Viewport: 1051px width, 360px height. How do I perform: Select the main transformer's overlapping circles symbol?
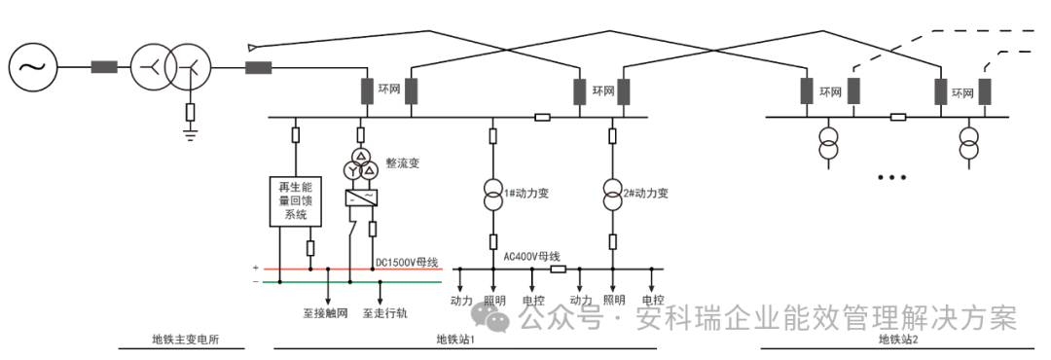[169, 67]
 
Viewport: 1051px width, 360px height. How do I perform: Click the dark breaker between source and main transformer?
[104, 67]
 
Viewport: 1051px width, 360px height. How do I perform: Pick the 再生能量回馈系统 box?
[293, 201]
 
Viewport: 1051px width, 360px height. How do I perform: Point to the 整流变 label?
[402, 162]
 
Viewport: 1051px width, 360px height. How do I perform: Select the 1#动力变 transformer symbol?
[493, 194]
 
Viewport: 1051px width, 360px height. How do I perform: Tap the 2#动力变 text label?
[646, 193]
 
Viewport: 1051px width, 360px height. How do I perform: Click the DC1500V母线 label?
[407, 263]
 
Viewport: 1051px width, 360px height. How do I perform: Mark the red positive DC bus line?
[350, 269]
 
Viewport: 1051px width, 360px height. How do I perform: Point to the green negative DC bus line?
[350, 283]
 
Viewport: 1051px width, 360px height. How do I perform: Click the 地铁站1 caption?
[454, 340]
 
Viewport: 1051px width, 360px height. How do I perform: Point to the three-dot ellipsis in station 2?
[891, 178]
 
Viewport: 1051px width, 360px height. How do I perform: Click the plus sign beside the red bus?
[256, 268]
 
